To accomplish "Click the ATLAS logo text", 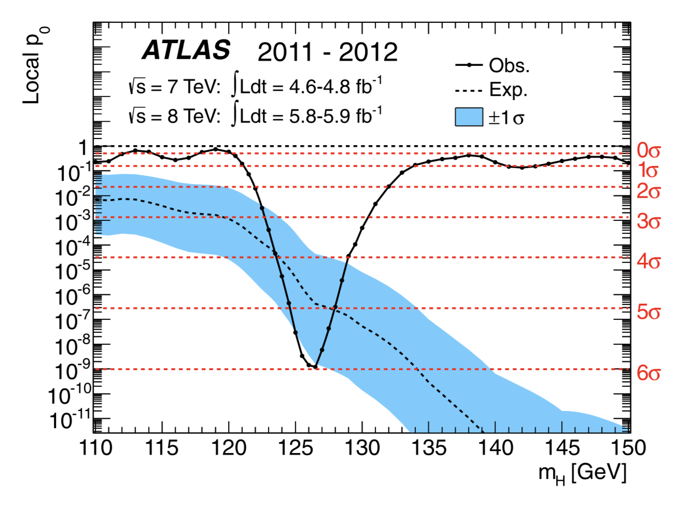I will (x=186, y=50).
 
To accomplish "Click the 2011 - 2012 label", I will (x=328, y=52).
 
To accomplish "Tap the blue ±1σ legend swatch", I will (x=469, y=117).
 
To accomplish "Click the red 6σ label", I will (x=648, y=372).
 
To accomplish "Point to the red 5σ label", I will (x=648, y=312).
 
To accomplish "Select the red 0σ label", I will (x=648, y=150).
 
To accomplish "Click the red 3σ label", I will (x=648, y=221).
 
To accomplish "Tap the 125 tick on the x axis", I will (x=295, y=447).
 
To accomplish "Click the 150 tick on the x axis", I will (x=629, y=447).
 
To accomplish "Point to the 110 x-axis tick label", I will (x=96, y=447).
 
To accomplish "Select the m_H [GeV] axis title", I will (x=582, y=473).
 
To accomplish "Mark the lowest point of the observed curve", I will (x=315, y=366).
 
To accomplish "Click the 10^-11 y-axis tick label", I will (x=70, y=419).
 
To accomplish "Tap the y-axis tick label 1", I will (x=83, y=148).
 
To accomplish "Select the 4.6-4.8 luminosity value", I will (x=319, y=87).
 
